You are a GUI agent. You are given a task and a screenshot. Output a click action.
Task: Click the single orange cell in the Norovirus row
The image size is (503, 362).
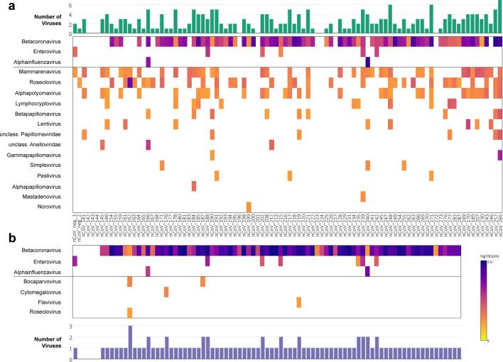coord(249,207)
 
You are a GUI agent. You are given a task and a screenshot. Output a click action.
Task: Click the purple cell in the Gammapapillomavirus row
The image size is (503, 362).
coord(499,155)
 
